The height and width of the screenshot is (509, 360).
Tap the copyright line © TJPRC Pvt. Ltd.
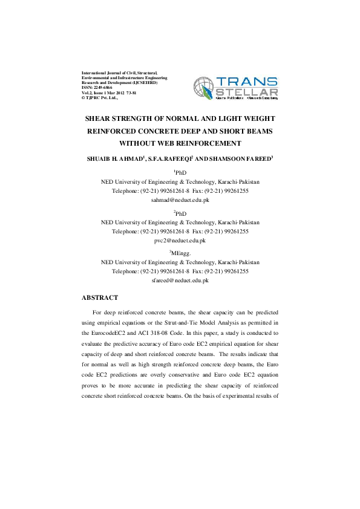pyautogui.click(x=100, y=97)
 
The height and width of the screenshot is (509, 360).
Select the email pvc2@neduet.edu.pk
pyautogui.click(x=180, y=240)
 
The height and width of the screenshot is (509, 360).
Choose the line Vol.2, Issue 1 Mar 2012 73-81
pyautogui.click(x=106, y=92)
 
